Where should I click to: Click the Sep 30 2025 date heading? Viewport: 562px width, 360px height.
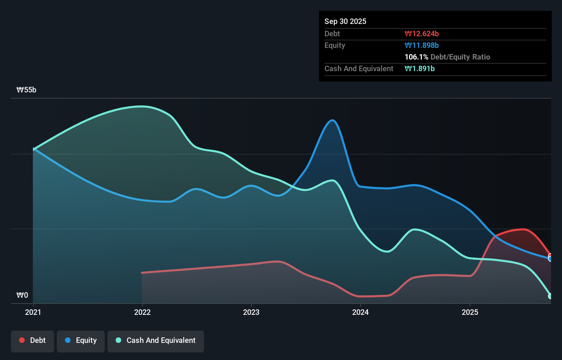[345, 21]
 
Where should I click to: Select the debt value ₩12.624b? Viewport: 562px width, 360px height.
[421, 34]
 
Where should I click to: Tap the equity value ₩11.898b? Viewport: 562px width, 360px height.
[421, 45]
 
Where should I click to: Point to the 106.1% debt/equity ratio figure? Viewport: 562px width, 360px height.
[416, 57]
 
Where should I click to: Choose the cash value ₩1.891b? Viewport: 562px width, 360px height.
[419, 68]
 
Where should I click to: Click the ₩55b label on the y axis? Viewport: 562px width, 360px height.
[26, 90]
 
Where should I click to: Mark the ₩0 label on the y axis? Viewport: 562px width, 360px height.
[22, 295]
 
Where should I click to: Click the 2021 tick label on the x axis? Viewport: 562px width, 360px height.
[33, 312]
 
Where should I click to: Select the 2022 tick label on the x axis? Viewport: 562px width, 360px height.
[142, 312]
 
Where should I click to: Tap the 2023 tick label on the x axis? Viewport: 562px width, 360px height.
[251, 312]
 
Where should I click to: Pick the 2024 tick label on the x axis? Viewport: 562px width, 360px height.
[360, 312]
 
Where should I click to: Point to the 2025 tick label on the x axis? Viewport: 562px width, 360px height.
[470, 312]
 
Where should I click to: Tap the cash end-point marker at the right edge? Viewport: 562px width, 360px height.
[550, 296]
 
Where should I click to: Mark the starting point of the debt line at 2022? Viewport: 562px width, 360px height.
[142, 273]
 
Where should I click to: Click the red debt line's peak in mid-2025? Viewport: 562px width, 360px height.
[522, 229]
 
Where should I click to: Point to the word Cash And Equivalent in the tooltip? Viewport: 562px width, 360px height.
[359, 68]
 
